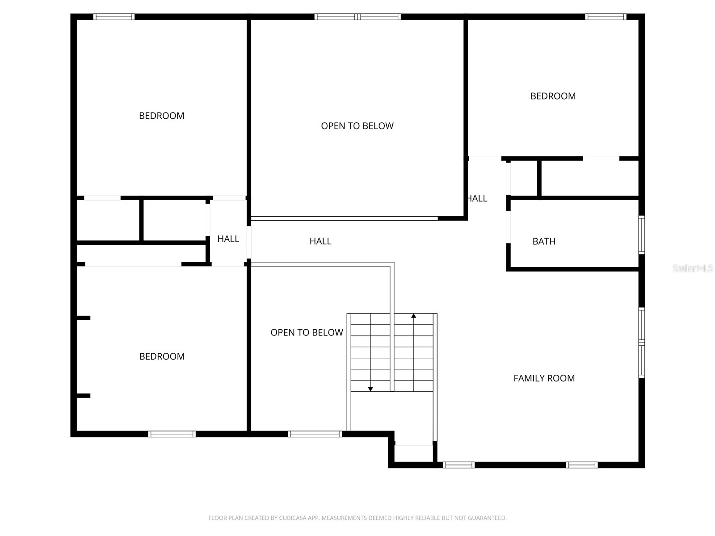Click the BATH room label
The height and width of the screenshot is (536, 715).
coord(544,241)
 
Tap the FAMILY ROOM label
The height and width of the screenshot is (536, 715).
coord(544,378)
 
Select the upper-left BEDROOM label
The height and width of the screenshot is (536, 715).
coord(161,116)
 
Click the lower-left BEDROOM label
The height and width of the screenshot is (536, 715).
coord(162,356)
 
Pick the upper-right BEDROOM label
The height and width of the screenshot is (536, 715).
coord(553,96)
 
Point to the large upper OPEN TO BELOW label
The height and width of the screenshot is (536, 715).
coord(357,126)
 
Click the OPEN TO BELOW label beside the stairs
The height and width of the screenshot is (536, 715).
coord(307,332)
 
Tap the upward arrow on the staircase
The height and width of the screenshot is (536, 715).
coord(414,316)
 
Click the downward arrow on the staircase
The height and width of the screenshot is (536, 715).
coord(370,389)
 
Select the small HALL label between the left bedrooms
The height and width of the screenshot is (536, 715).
coord(228,239)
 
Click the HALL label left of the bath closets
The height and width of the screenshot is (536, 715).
coord(477,198)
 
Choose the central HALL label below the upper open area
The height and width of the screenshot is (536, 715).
coord(320,241)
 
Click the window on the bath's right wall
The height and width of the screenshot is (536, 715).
coord(641,234)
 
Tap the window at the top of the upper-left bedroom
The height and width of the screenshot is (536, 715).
coord(114,17)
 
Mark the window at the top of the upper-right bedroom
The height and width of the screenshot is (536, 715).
coord(606,17)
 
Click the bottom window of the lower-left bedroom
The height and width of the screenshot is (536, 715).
coord(172,434)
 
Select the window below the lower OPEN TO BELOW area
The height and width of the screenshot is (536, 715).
coord(315,434)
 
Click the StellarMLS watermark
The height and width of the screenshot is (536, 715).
coord(693,268)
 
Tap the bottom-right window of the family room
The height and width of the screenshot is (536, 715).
coord(581,465)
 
